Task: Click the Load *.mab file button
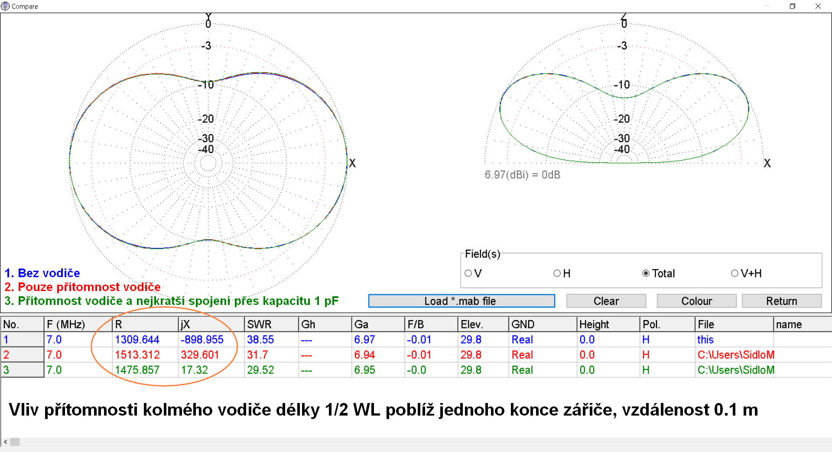(461, 301)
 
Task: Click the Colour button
(696, 301)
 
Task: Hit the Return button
(781, 301)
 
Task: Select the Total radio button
(646, 273)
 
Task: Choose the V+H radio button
(735, 273)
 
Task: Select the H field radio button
(557, 273)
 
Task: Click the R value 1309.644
(137, 340)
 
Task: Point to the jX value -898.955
(202, 340)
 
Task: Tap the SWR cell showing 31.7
(257, 355)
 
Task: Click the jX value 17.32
(195, 370)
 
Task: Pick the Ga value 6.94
(364, 355)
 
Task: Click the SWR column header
(259, 324)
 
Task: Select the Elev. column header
(472, 324)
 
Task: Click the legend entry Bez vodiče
(42, 273)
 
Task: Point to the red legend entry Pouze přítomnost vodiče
(82, 287)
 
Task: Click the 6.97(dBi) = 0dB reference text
(522, 175)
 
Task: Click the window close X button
(818, 6)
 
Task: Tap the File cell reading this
(705, 340)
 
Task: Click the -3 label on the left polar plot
(206, 46)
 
